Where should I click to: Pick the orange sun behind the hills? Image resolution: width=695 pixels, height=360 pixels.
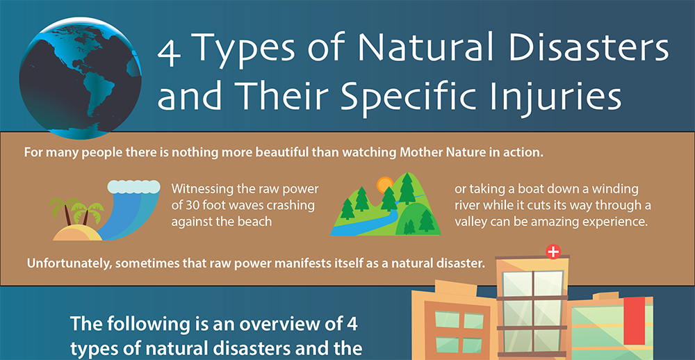tap(384, 185)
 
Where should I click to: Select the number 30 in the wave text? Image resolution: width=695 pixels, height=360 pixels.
tap(195, 206)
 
